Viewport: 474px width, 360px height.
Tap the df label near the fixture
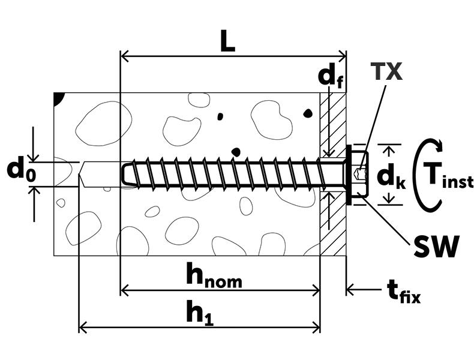tap(331, 77)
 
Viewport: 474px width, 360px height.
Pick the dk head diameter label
tap(391, 176)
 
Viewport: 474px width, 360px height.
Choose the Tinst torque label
tap(448, 175)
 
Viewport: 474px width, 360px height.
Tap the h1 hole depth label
tap(199, 313)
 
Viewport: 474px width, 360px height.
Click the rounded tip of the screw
tap(124, 173)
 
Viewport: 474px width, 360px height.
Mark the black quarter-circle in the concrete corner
tap(59, 98)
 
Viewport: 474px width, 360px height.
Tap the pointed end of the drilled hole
tap(82, 175)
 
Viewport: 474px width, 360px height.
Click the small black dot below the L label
tap(220, 116)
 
